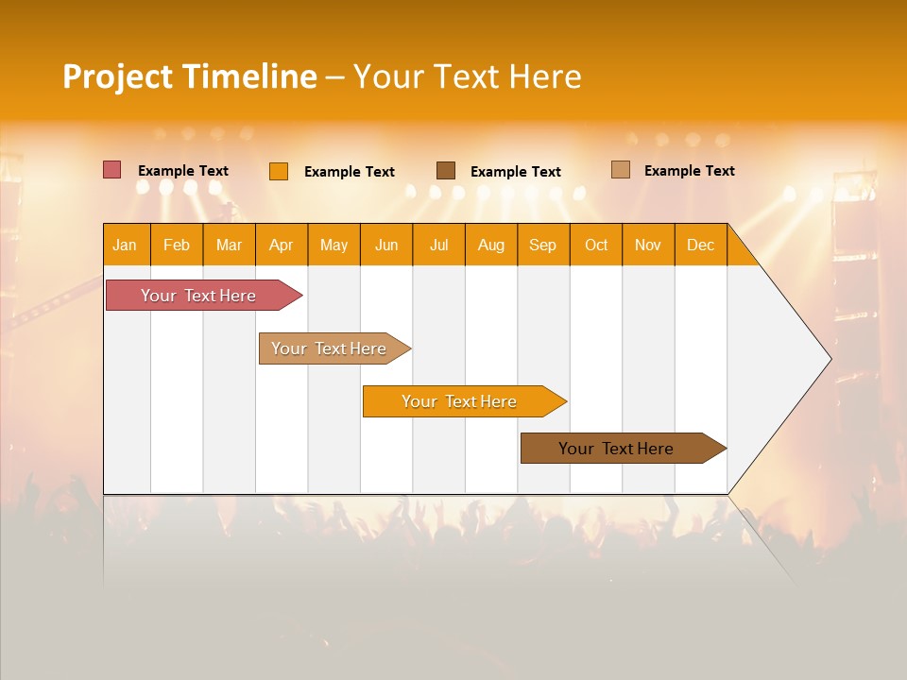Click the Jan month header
click(125, 245)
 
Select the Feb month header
click(177, 245)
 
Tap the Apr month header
click(281, 245)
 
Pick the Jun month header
click(386, 245)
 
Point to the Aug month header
click(490, 245)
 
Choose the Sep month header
click(542, 245)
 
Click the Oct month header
click(596, 245)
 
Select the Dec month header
click(700, 245)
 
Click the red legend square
click(112, 170)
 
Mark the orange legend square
click(279, 171)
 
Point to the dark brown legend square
click(446, 171)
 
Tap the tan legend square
click(621, 170)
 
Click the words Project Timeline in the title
click(190, 76)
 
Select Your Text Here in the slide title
click(467, 76)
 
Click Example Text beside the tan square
click(689, 171)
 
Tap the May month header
click(334, 245)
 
